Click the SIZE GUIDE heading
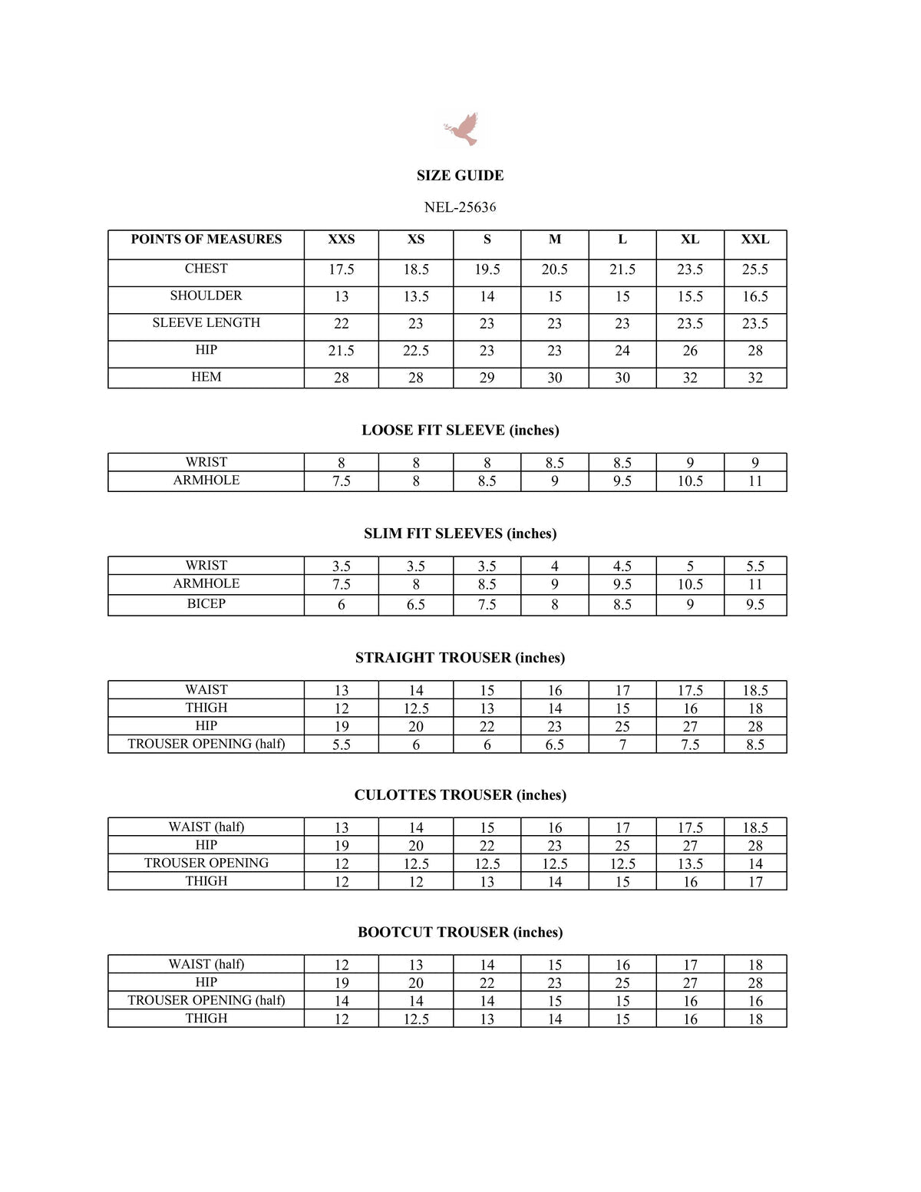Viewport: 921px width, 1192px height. click(x=460, y=176)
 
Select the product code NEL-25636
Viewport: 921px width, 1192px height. click(x=460, y=207)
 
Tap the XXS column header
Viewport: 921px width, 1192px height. click(x=342, y=239)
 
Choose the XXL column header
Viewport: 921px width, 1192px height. click(x=754, y=239)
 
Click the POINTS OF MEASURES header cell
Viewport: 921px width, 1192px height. click(x=206, y=239)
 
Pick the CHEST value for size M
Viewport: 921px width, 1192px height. click(x=554, y=269)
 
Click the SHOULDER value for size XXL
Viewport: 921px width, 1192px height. click(x=754, y=297)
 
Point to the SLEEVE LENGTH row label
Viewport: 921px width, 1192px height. click(x=206, y=323)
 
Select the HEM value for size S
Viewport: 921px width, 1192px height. click(x=487, y=378)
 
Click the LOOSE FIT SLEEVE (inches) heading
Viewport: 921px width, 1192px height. click(x=460, y=431)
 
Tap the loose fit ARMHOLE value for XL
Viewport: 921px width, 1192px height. click(x=690, y=481)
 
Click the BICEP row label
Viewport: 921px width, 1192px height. click(x=206, y=604)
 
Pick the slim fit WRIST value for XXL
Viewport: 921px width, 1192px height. click(x=754, y=566)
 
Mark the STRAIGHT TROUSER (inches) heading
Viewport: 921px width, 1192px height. click(x=460, y=658)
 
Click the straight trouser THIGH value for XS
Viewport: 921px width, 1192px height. click(x=415, y=708)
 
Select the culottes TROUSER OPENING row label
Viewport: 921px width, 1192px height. click(x=206, y=863)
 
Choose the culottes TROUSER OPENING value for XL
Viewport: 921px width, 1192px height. click(x=690, y=863)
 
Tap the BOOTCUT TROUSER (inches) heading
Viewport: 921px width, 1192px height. click(x=460, y=933)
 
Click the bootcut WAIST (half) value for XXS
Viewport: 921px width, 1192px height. click(x=342, y=965)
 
